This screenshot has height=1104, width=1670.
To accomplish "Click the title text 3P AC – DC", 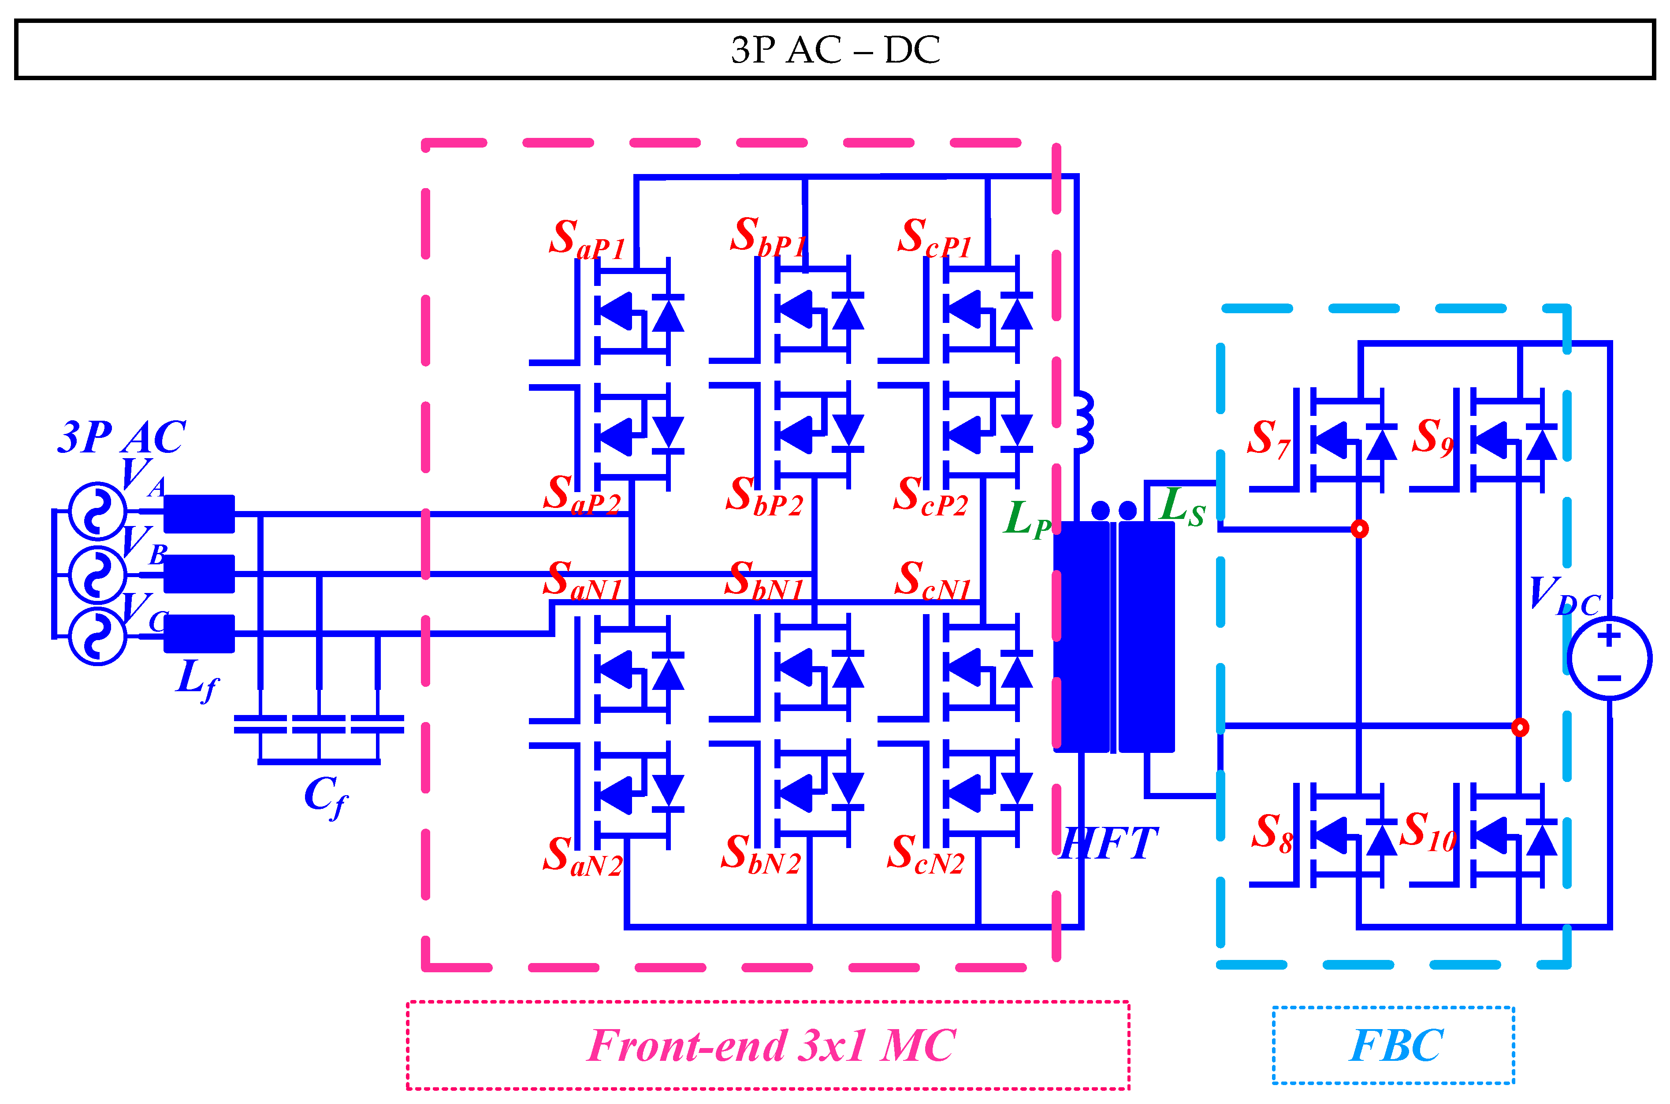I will point(835,49).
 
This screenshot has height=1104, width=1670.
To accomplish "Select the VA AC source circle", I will point(97,511).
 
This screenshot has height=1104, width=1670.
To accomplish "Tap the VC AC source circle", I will point(97,637).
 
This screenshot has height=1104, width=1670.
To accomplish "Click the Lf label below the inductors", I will point(197,679).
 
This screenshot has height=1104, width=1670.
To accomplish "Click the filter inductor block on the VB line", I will point(199,574).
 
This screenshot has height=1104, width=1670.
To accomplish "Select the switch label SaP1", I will point(586,239).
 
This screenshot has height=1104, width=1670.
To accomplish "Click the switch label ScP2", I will point(930,497).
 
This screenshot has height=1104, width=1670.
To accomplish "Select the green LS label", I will point(1182,507).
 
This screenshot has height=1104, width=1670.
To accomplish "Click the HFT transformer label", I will point(1108,844).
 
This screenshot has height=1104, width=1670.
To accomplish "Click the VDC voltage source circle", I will point(1610,658).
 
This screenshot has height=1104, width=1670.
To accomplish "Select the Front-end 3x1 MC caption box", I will point(768,1045).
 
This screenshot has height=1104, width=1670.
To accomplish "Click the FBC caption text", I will point(1395,1045).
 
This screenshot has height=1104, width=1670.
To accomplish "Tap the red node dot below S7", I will point(1359,529).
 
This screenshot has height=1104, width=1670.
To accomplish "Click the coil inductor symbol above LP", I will point(1083,422).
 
